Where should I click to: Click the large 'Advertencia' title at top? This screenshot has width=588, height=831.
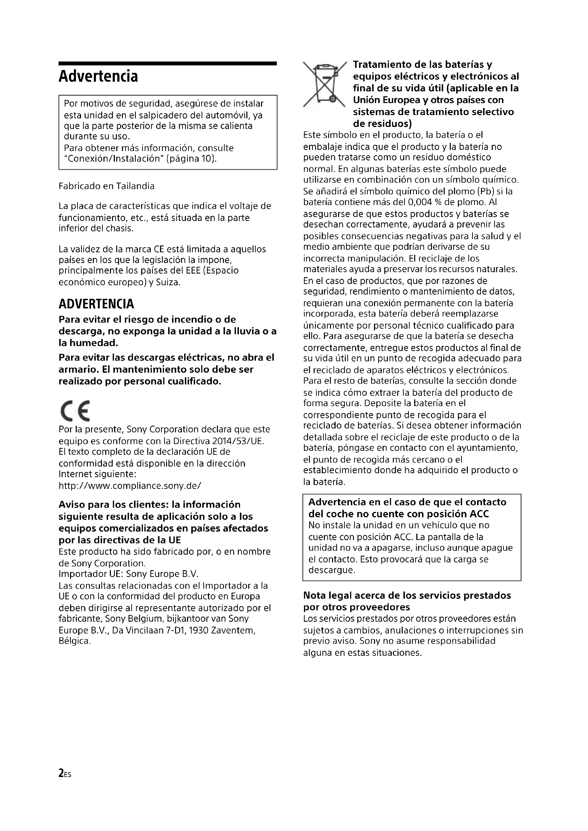click(x=98, y=76)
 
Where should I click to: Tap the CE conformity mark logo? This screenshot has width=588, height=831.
click(x=75, y=411)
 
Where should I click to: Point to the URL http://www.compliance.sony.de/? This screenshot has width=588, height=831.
click(x=130, y=486)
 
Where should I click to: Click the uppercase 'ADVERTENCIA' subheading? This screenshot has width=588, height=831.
click(x=96, y=304)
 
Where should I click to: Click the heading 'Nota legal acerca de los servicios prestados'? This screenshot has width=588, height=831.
click(x=407, y=595)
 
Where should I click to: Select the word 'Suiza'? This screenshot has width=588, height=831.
click(x=168, y=282)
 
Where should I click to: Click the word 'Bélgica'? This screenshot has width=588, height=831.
click(x=75, y=641)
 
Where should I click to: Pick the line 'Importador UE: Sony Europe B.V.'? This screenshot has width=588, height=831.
click(x=129, y=574)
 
